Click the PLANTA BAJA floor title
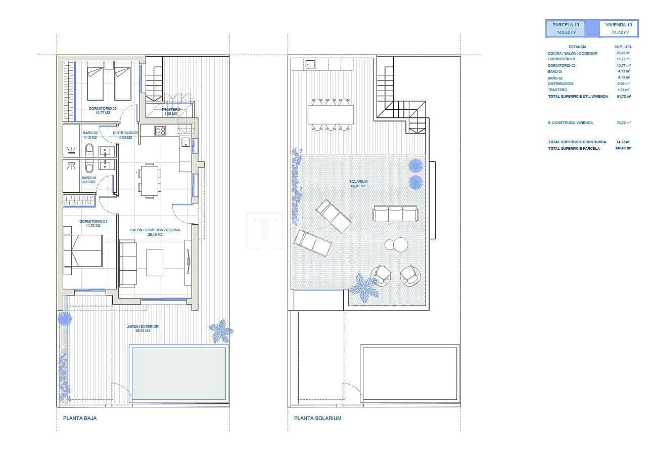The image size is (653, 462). (80, 418)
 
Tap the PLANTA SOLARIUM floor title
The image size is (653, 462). (317, 418)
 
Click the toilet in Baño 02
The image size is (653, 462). (89, 149)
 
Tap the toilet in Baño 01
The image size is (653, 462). (89, 167)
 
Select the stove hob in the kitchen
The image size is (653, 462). (160, 131)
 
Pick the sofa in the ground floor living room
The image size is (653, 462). (128, 263)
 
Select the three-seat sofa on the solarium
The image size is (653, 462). (395, 214)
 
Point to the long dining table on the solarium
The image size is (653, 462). (331, 113)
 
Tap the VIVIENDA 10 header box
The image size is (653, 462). (619, 28)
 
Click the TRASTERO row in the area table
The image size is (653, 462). (589, 90)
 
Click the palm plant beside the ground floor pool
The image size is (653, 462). (221, 331)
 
